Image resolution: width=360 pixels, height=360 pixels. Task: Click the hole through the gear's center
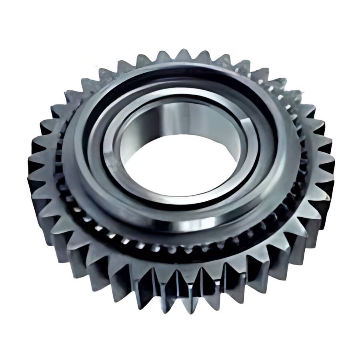click(180, 164)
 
